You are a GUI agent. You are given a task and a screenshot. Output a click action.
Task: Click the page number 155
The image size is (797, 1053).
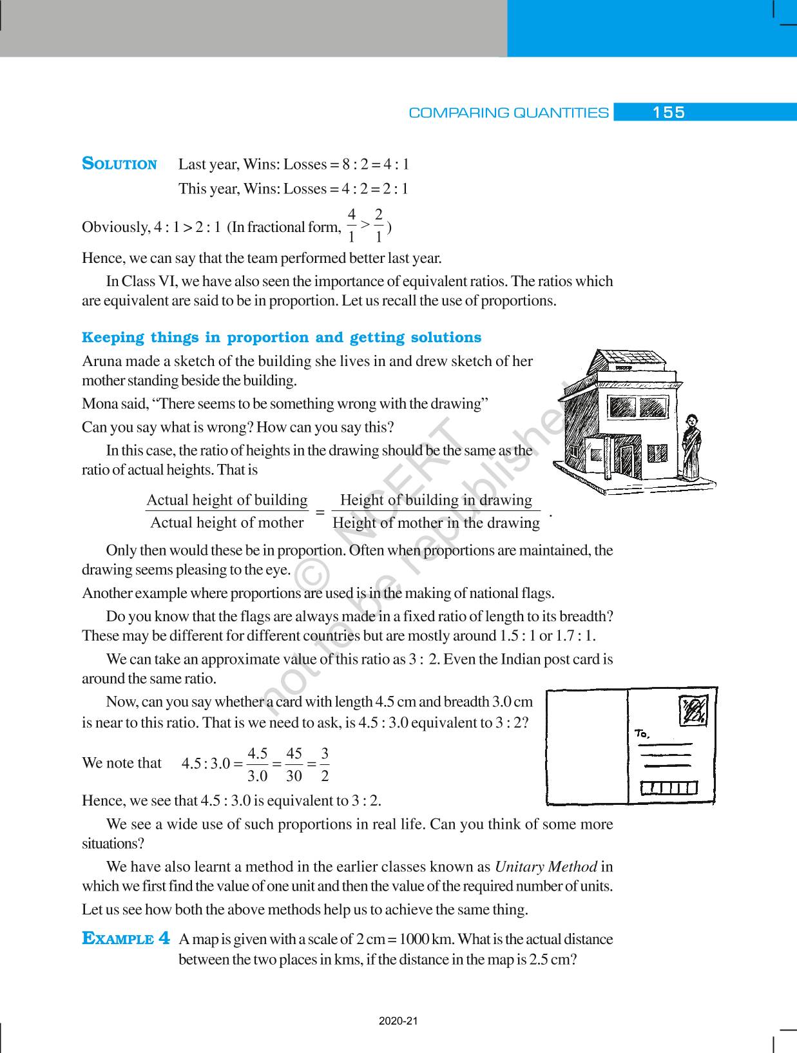(x=668, y=113)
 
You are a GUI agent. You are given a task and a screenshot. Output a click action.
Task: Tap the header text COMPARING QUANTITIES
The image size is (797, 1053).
(x=508, y=113)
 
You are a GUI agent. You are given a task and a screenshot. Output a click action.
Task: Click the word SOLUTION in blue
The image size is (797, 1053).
(x=120, y=164)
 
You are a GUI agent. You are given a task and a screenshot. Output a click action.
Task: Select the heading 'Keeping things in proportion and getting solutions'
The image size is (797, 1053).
(x=282, y=338)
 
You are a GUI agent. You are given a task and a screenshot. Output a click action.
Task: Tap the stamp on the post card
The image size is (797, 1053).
(x=695, y=710)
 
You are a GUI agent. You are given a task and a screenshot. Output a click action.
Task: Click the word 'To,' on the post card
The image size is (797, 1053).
(x=642, y=733)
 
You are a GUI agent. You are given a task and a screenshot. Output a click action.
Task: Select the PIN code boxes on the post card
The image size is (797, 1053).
(x=668, y=787)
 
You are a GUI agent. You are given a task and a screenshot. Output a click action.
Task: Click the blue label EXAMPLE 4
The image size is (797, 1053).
(x=126, y=938)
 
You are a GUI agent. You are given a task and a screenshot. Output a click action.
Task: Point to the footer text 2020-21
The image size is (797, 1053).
(x=399, y=1021)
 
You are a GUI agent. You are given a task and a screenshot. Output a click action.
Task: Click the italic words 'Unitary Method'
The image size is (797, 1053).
(x=546, y=867)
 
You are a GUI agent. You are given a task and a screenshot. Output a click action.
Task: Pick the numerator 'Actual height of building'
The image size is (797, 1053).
(x=227, y=500)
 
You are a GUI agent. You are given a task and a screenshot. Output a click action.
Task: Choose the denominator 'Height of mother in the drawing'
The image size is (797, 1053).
(x=436, y=523)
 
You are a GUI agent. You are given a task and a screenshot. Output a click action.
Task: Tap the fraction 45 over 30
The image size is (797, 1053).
(x=294, y=764)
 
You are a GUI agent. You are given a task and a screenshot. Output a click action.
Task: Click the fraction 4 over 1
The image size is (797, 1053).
(x=351, y=226)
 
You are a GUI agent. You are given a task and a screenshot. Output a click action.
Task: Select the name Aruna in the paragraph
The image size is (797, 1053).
(x=101, y=361)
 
